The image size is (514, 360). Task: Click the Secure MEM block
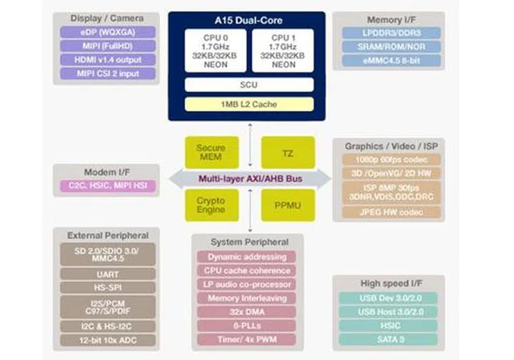[x=211, y=152]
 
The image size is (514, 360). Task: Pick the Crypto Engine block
[x=211, y=205]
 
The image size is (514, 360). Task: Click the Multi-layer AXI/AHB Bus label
[x=248, y=179]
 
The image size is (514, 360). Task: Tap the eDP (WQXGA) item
[x=108, y=32]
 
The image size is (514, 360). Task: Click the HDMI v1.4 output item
[x=108, y=59]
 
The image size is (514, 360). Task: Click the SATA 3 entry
[x=388, y=339]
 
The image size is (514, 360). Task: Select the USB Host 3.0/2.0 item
[x=388, y=311]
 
